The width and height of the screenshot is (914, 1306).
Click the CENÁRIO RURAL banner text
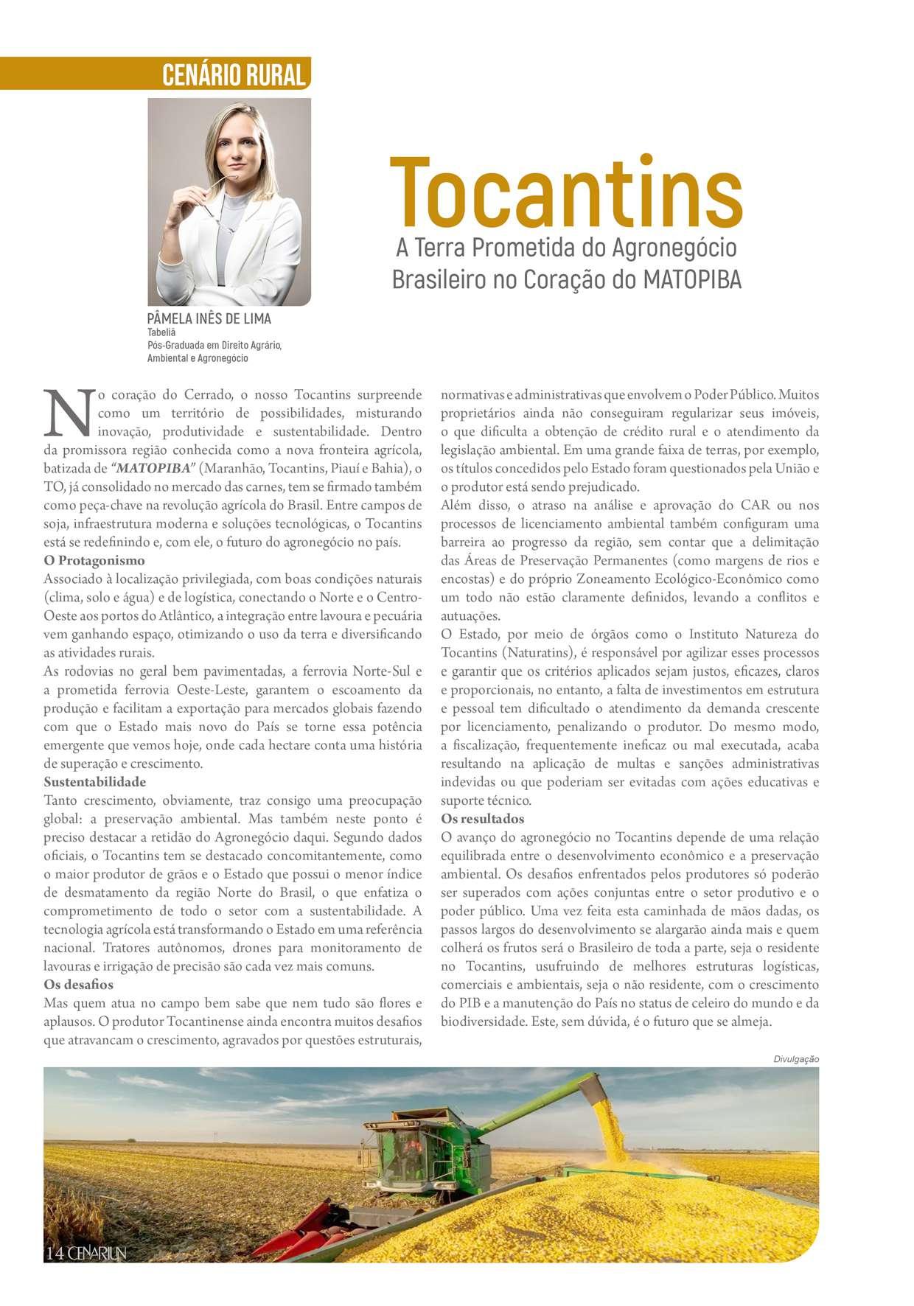pyautogui.click(x=233, y=75)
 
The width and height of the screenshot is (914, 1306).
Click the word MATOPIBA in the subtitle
pyautogui.click(x=692, y=280)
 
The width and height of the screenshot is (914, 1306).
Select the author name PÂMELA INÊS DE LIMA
pyautogui.click(x=209, y=318)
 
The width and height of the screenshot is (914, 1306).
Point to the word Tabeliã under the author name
pyautogui.click(x=161, y=332)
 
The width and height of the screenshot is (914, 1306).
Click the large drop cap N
pyautogui.click(x=69, y=413)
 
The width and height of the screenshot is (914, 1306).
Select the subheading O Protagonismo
pyautogui.click(x=94, y=561)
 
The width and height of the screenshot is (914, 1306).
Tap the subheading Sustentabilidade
pyautogui.click(x=95, y=782)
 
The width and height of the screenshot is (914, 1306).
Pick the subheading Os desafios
pyautogui.click(x=79, y=985)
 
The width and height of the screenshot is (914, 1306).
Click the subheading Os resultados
pyautogui.click(x=483, y=819)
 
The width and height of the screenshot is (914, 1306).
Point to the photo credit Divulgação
pyautogui.click(x=796, y=1059)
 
